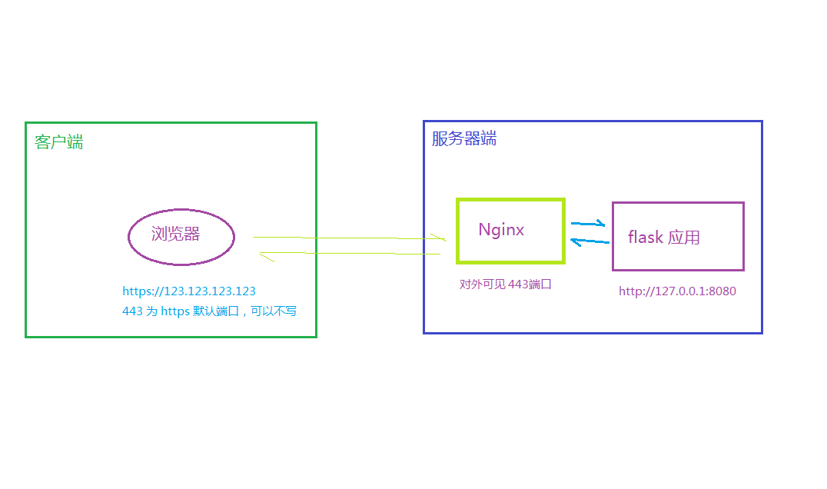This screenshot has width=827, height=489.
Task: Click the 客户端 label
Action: [59, 142]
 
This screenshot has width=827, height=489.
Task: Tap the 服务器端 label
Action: [463, 138]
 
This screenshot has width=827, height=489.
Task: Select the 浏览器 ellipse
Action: [181, 236]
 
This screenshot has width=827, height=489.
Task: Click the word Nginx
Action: [501, 230]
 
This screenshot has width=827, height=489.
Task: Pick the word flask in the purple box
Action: [645, 238]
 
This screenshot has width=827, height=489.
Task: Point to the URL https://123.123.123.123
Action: [189, 291]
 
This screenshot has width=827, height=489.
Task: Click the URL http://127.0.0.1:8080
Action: [678, 291]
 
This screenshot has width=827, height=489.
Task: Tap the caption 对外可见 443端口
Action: [506, 284]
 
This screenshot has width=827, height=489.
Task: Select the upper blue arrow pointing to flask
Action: [588, 224]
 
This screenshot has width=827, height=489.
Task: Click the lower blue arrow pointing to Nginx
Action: [590, 241]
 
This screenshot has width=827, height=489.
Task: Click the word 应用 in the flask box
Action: [684, 238]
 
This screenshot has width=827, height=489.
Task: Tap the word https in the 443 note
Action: [175, 311]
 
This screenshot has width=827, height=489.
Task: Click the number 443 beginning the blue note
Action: [132, 311]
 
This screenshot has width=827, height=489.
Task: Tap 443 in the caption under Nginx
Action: [518, 284]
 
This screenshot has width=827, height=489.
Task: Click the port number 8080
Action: [722, 291]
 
